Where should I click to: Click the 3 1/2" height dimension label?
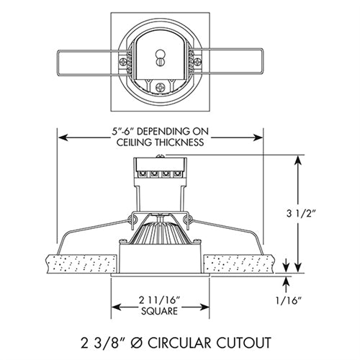[318, 213]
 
